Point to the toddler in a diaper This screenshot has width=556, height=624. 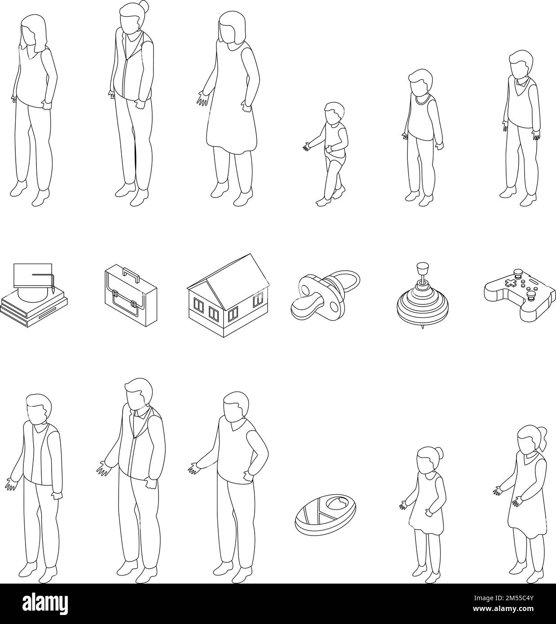pos(333,153)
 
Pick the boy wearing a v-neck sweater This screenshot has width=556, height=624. pos(521,126)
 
